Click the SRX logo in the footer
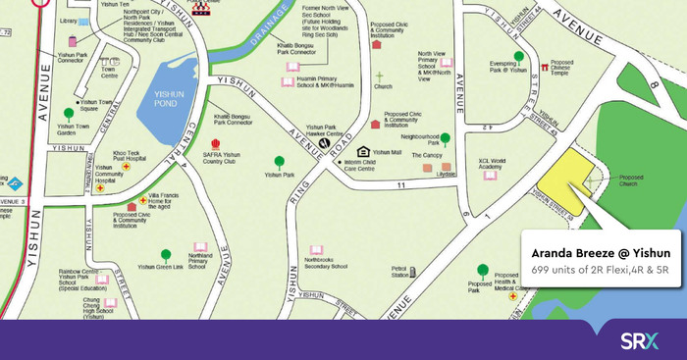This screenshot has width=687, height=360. pyautogui.click(x=639, y=340)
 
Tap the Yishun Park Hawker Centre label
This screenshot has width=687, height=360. pyautogui.click(x=330, y=130)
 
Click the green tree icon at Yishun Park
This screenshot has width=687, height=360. pyautogui.click(x=280, y=161)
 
